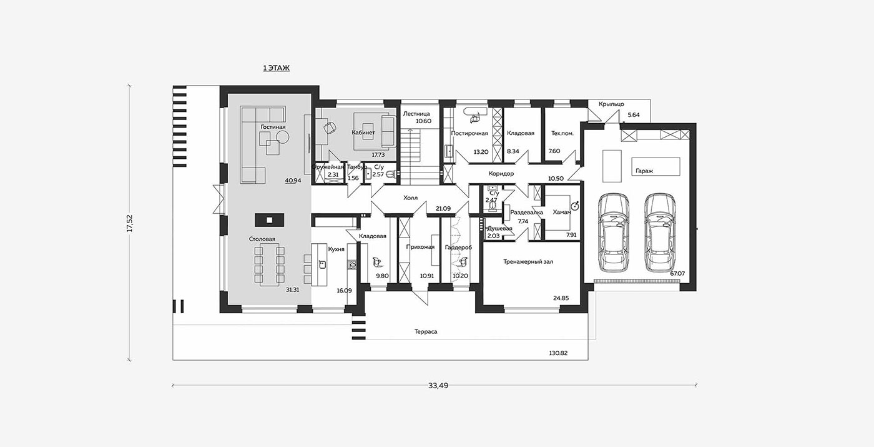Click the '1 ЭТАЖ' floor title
pyautogui.click(x=276, y=68)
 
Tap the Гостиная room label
pyautogui.click(x=273, y=127)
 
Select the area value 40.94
pyautogui.click(x=293, y=181)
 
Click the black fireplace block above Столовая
pyautogui.click(x=269, y=220)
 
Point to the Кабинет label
pyautogui.click(x=363, y=133)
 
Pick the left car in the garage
pyautogui.click(x=613, y=232)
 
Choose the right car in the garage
pyautogui.click(x=660, y=232)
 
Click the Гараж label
pyautogui.click(x=644, y=171)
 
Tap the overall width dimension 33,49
pyautogui.click(x=438, y=386)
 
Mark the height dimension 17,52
pyautogui.click(x=130, y=223)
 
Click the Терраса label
pyautogui.click(x=426, y=332)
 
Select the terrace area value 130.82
pyautogui.click(x=558, y=353)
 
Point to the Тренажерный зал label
pyautogui.click(x=528, y=262)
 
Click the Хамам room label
pyautogui.click(x=562, y=212)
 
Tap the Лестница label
pyautogui.click(x=416, y=114)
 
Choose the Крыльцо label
pyautogui.click(x=611, y=104)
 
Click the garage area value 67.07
pyautogui.click(x=677, y=274)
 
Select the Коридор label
pyautogui.click(x=501, y=174)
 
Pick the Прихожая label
pyautogui.click(x=420, y=247)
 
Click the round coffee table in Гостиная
pyautogui.click(x=282, y=138)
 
